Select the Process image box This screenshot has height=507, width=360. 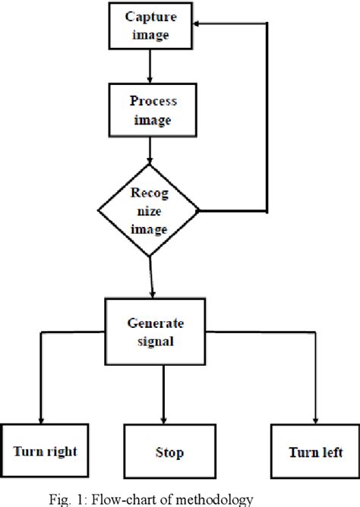pos(151,110)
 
